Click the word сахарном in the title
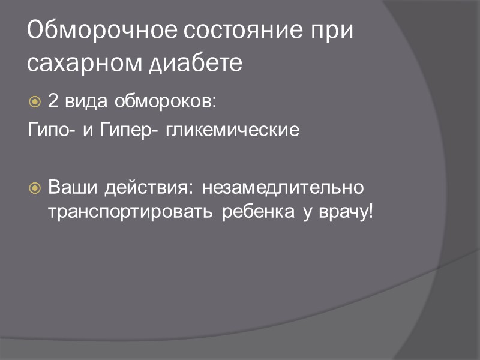point(80,62)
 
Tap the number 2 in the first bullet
point(53,101)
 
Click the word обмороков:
point(165,101)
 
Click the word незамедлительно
point(283,188)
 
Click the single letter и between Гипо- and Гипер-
point(88,130)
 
